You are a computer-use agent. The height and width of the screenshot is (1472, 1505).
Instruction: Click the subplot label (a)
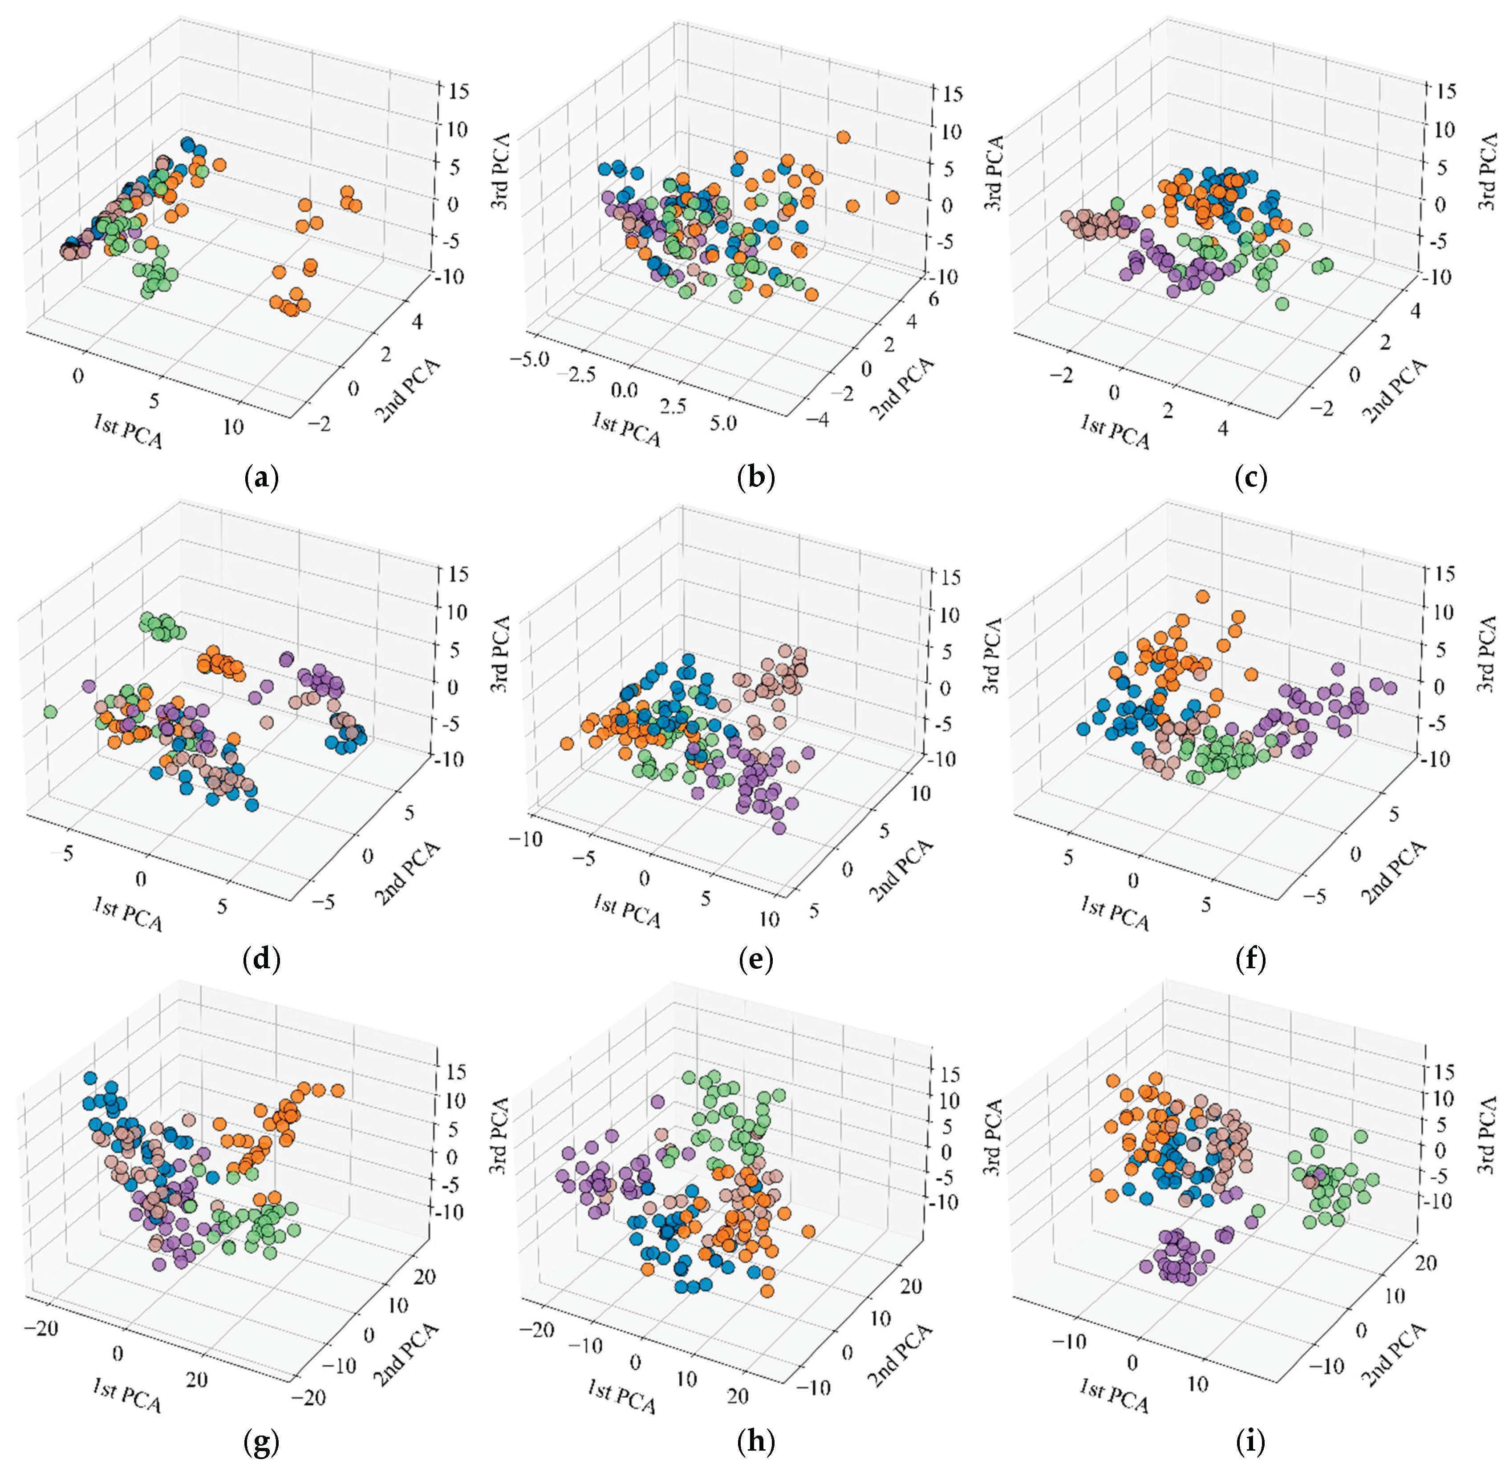coord(261,478)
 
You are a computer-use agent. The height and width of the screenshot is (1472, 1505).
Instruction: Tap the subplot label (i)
coord(1250,1441)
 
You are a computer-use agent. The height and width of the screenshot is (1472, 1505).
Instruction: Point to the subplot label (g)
coord(261,1441)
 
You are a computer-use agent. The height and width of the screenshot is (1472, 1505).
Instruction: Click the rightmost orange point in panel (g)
coord(337,1090)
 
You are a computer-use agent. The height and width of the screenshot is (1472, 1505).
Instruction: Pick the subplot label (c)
coord(1250,478)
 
